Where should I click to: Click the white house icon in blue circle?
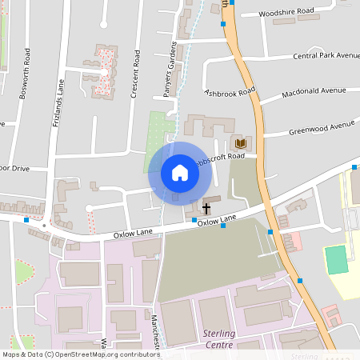180,172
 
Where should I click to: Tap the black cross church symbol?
206,208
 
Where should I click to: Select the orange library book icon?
239,143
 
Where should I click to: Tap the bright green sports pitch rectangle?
337,259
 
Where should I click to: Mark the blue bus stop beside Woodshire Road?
223,24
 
